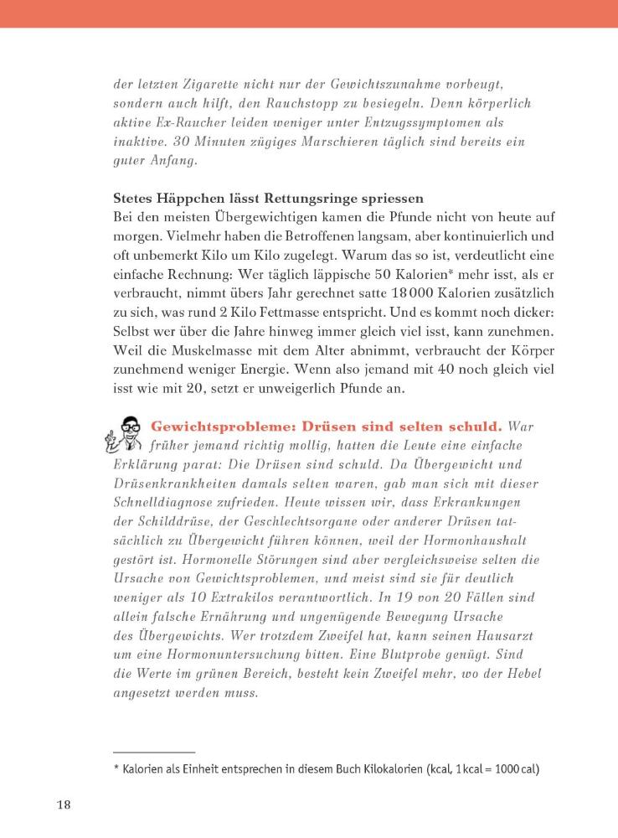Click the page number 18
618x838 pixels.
point(64,805)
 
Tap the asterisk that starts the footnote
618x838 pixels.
point(116,767)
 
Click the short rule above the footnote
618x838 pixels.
point(154,752)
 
